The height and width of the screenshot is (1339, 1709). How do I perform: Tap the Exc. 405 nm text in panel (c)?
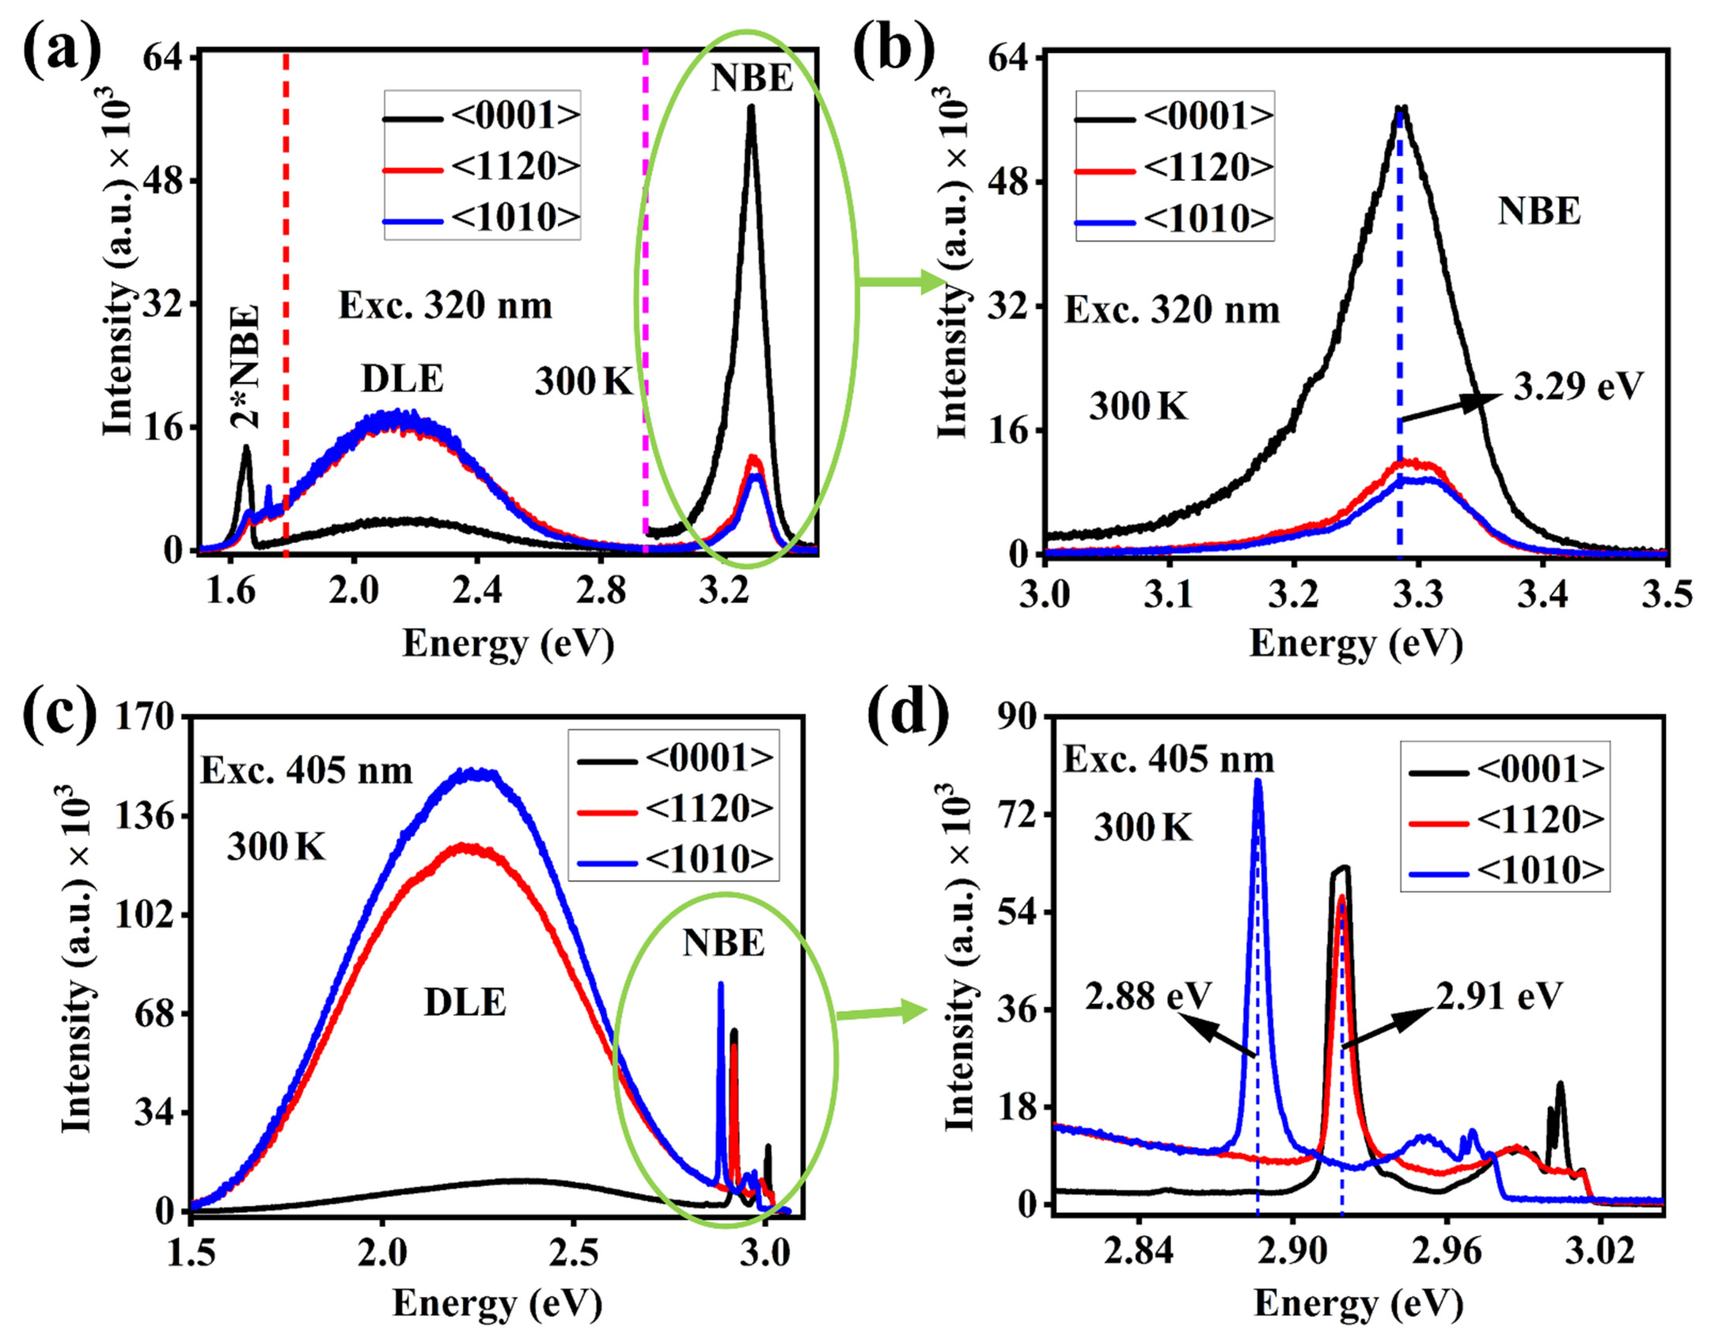click(306, 771)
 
